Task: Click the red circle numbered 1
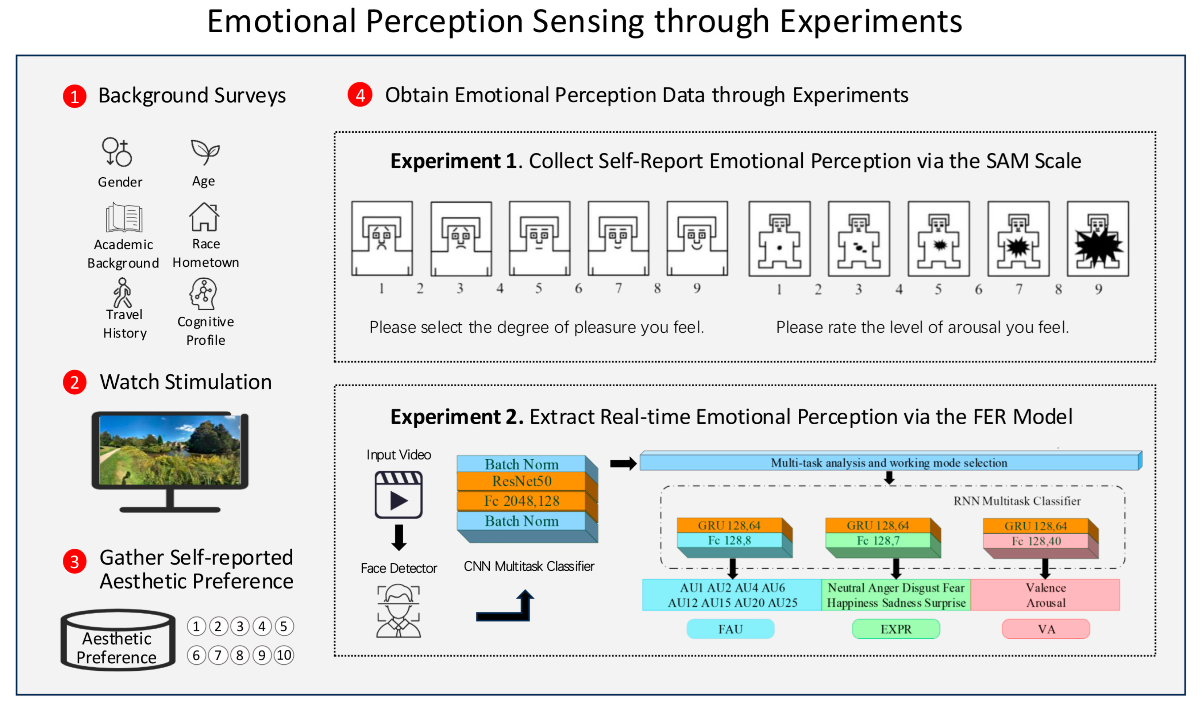click(x=74, y=96)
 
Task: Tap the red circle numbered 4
click(x=360, y=95)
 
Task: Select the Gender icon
click(x=117, y=152)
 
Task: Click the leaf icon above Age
click(x=205, y=152)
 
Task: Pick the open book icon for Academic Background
click(x=124, y=217)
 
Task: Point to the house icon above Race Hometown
click(x=204, y=217)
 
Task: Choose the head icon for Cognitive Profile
click(x=204, y=294)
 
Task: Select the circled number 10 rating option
click(x=284, y=655)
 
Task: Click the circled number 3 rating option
click(x=240, y=626)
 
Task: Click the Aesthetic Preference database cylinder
click(x=117, y=640)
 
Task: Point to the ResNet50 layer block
click(x=521, y=482)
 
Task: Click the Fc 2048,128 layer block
click(x=521, y=501)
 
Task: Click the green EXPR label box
click(x=896, y=629)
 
